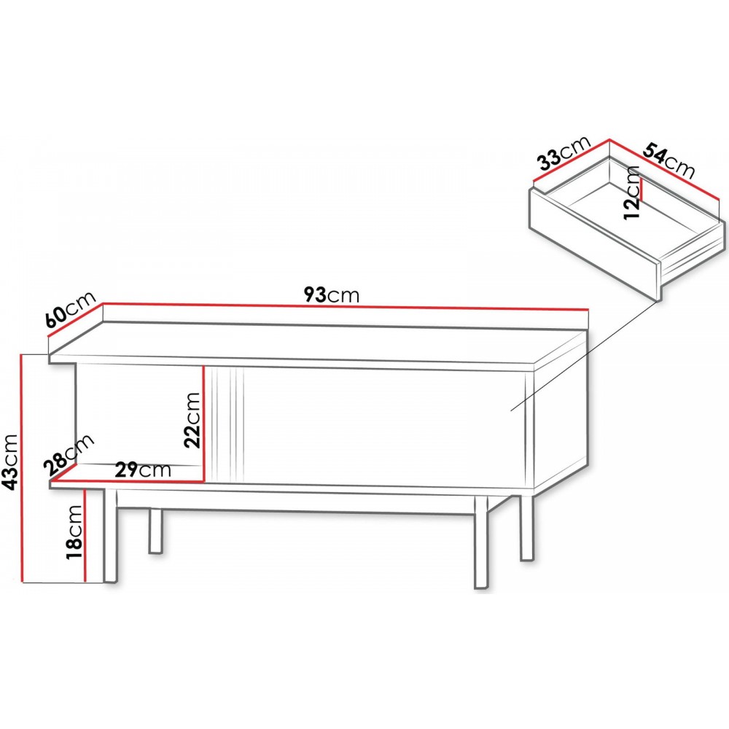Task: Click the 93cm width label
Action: (332, 295)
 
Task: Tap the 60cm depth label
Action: (71, 309)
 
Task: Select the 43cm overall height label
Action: (9, 462)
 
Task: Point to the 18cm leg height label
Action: (74, 533)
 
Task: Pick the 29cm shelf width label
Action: (143, 470)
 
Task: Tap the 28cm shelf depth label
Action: (69, 456)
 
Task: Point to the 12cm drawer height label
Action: (632, 192)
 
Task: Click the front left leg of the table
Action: (110, 534)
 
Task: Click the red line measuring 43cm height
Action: (21, 468)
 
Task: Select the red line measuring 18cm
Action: (85, 535)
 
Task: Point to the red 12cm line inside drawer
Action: (641, 189)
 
